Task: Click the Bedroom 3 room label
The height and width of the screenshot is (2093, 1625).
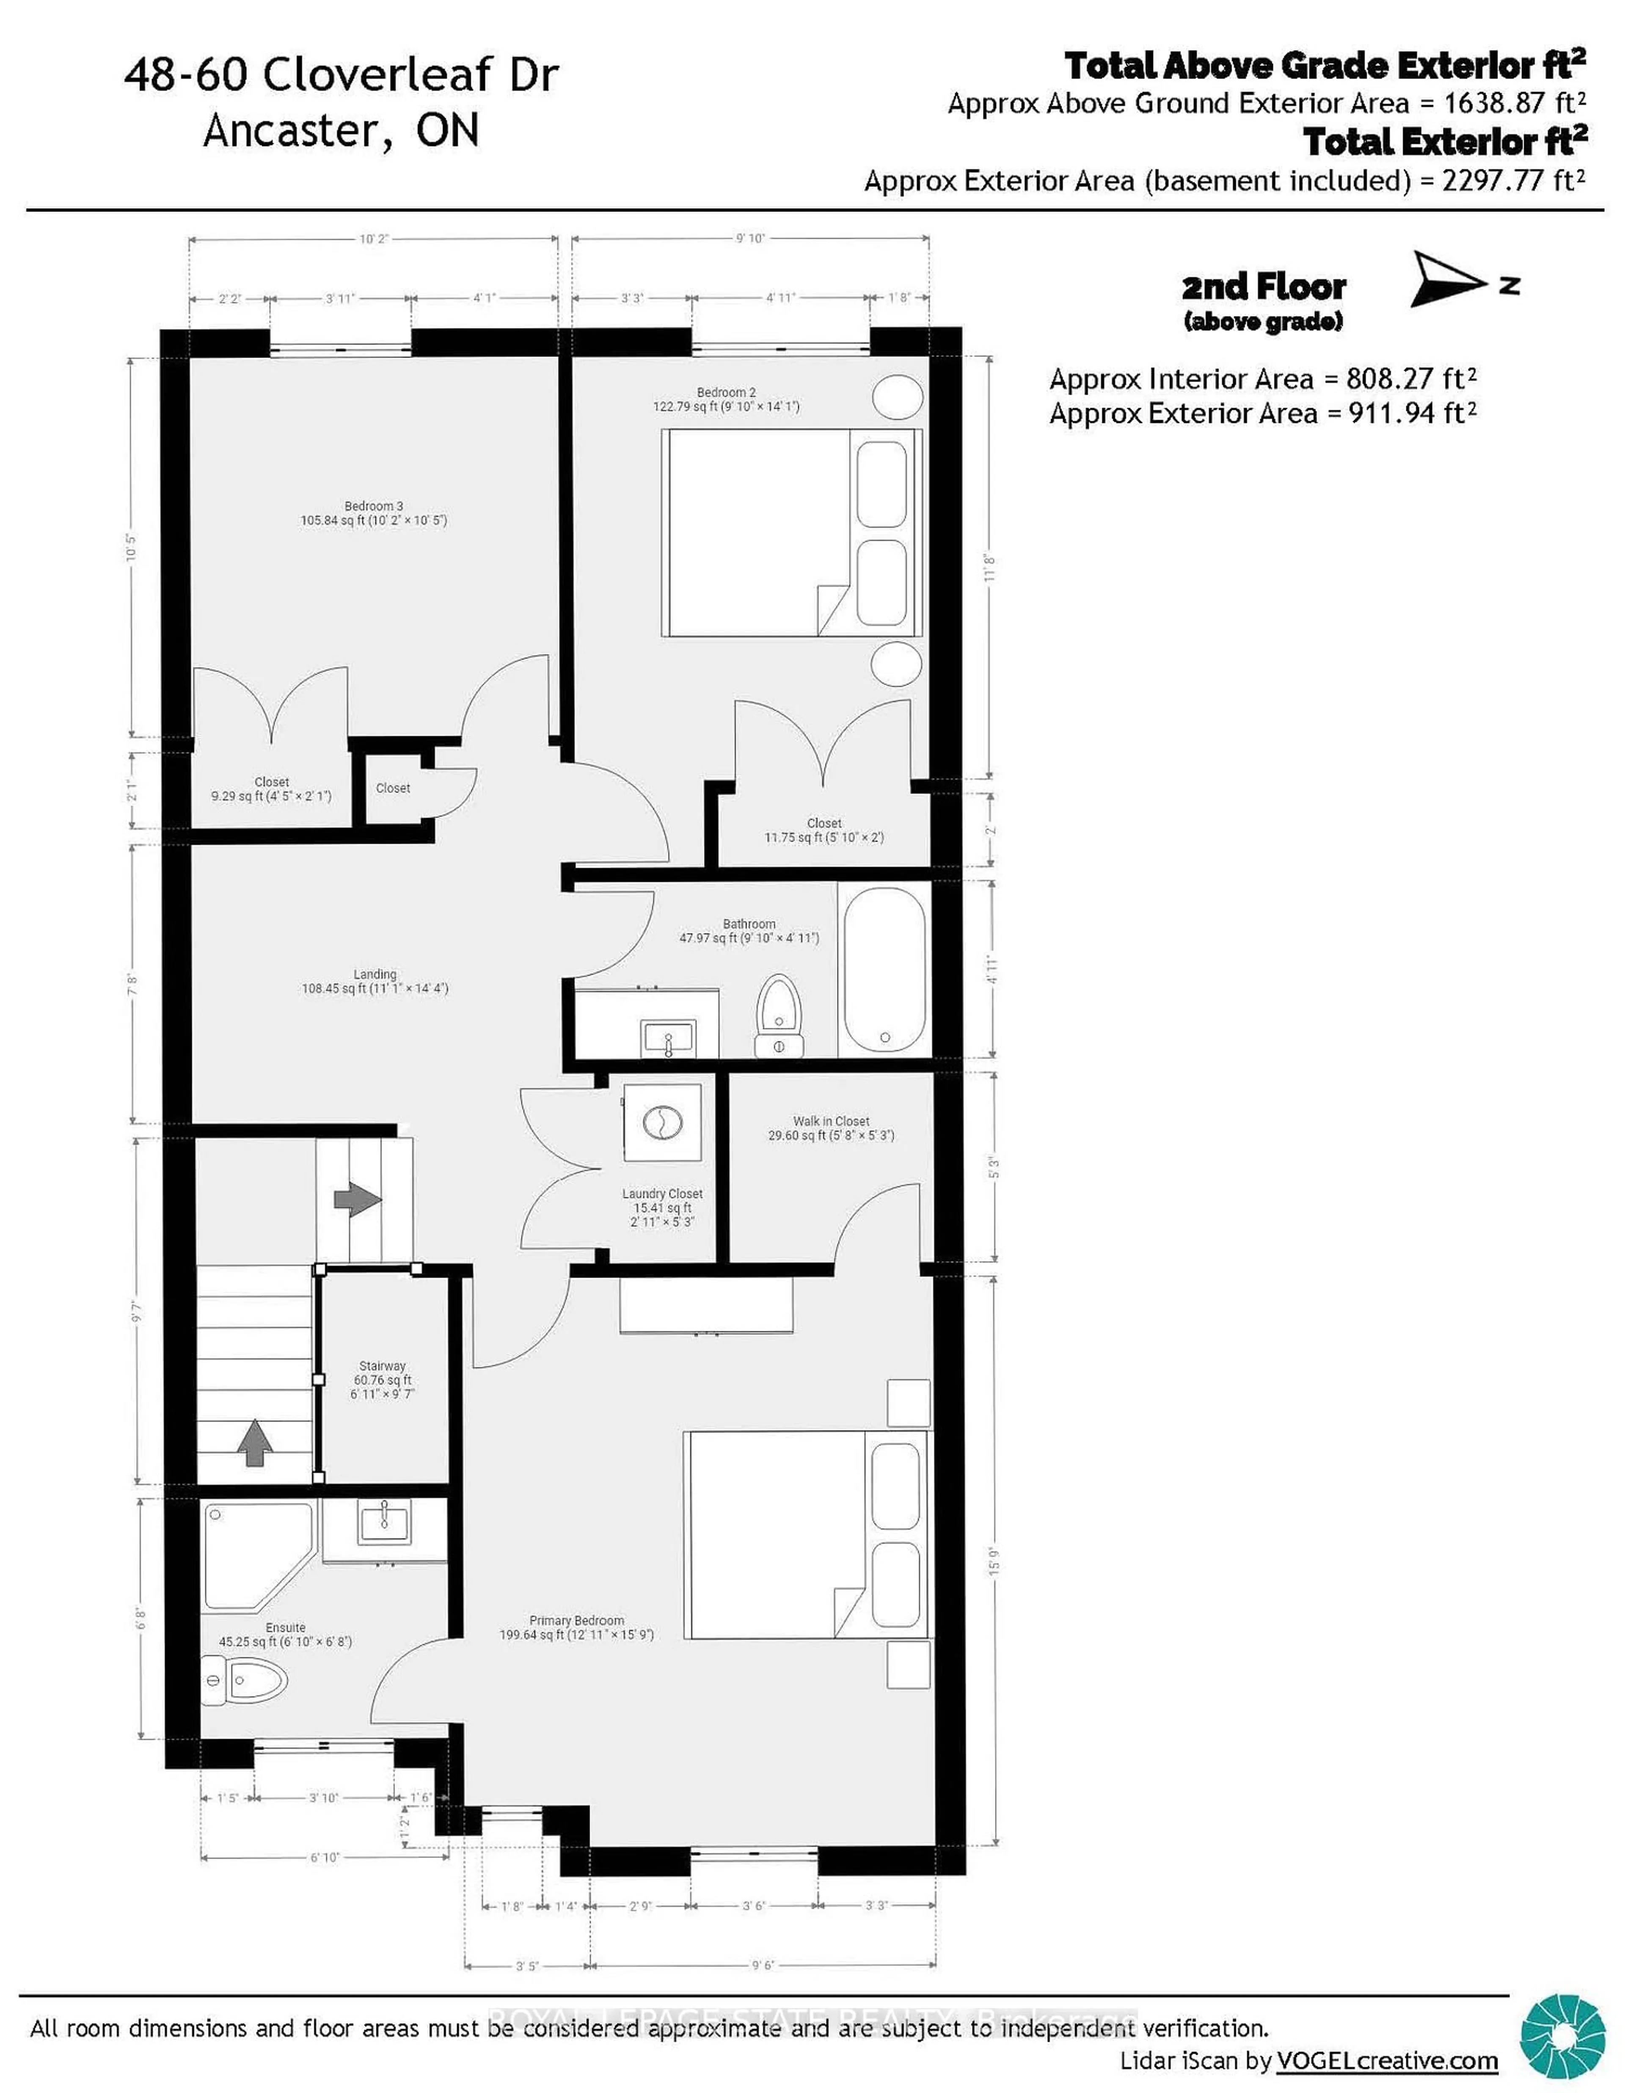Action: [x=374, y=506]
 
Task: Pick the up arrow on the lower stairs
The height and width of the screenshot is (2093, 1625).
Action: [x=254, y=1442]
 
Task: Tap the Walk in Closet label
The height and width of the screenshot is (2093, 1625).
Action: [x=831, y=1121]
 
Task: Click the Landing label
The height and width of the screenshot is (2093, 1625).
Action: [x=375, y=973]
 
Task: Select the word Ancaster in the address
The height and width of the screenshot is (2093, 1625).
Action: [x=294, y=130]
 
